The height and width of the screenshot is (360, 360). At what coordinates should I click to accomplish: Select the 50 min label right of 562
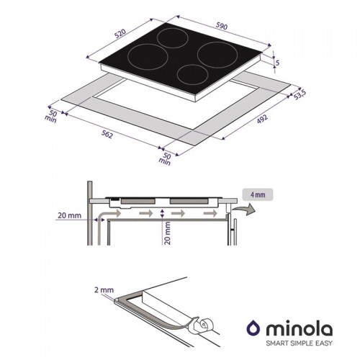(x=166, y=158)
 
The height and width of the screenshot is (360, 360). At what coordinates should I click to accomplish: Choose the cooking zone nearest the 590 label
(x=214, y=52)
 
